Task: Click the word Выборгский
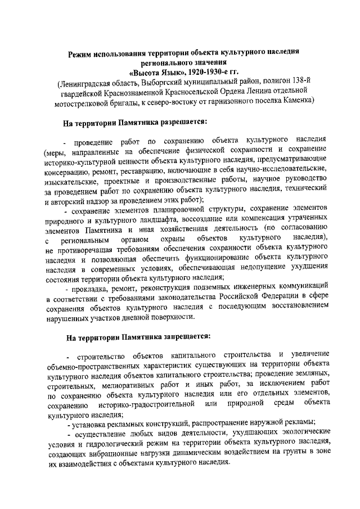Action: point(164,84)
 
